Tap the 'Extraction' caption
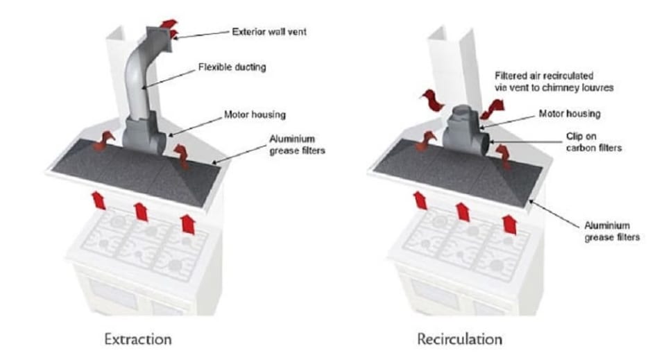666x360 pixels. point(137,339)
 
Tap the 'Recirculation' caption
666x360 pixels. point(459,339)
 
